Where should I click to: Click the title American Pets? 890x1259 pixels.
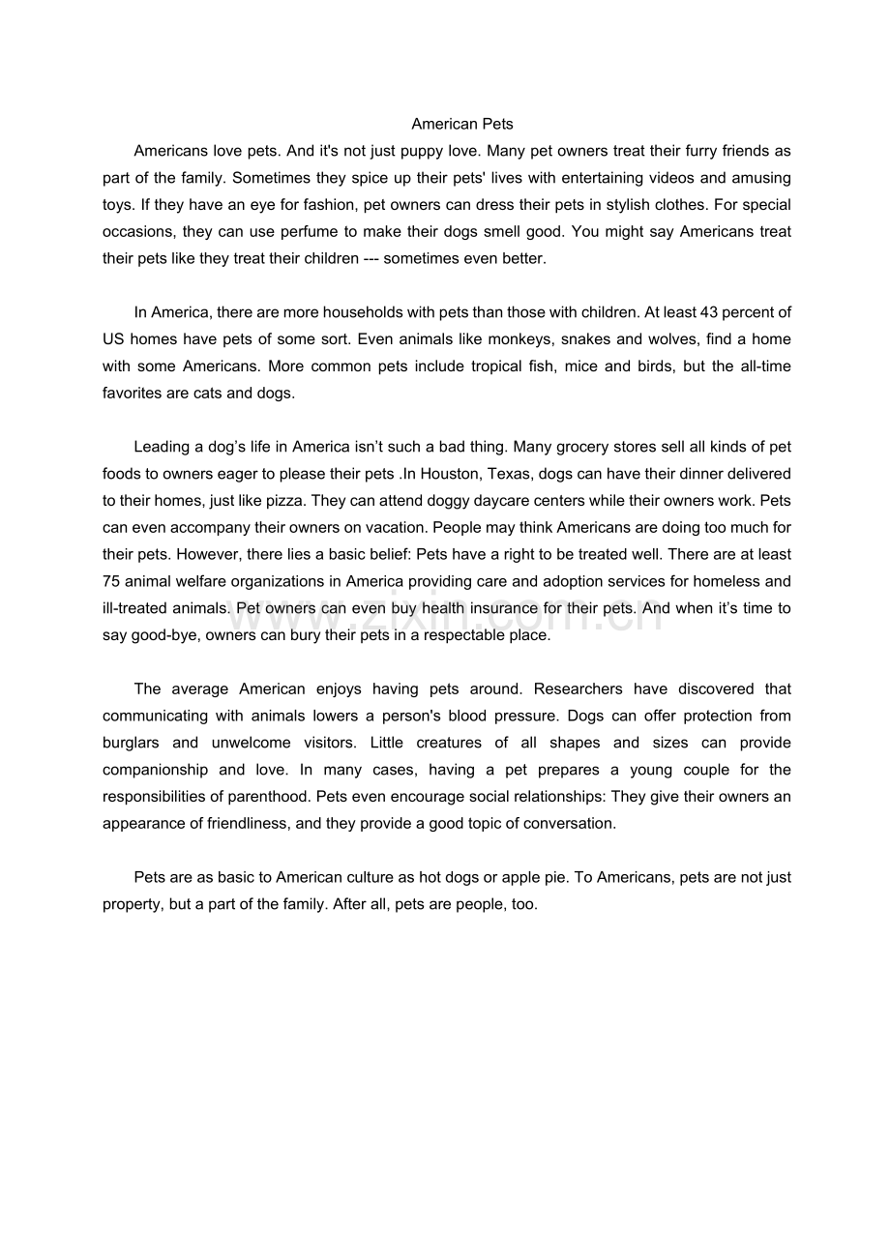coord(462,124)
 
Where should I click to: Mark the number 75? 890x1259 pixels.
coord(111,581)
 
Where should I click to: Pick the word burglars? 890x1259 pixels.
coord(131,743)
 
